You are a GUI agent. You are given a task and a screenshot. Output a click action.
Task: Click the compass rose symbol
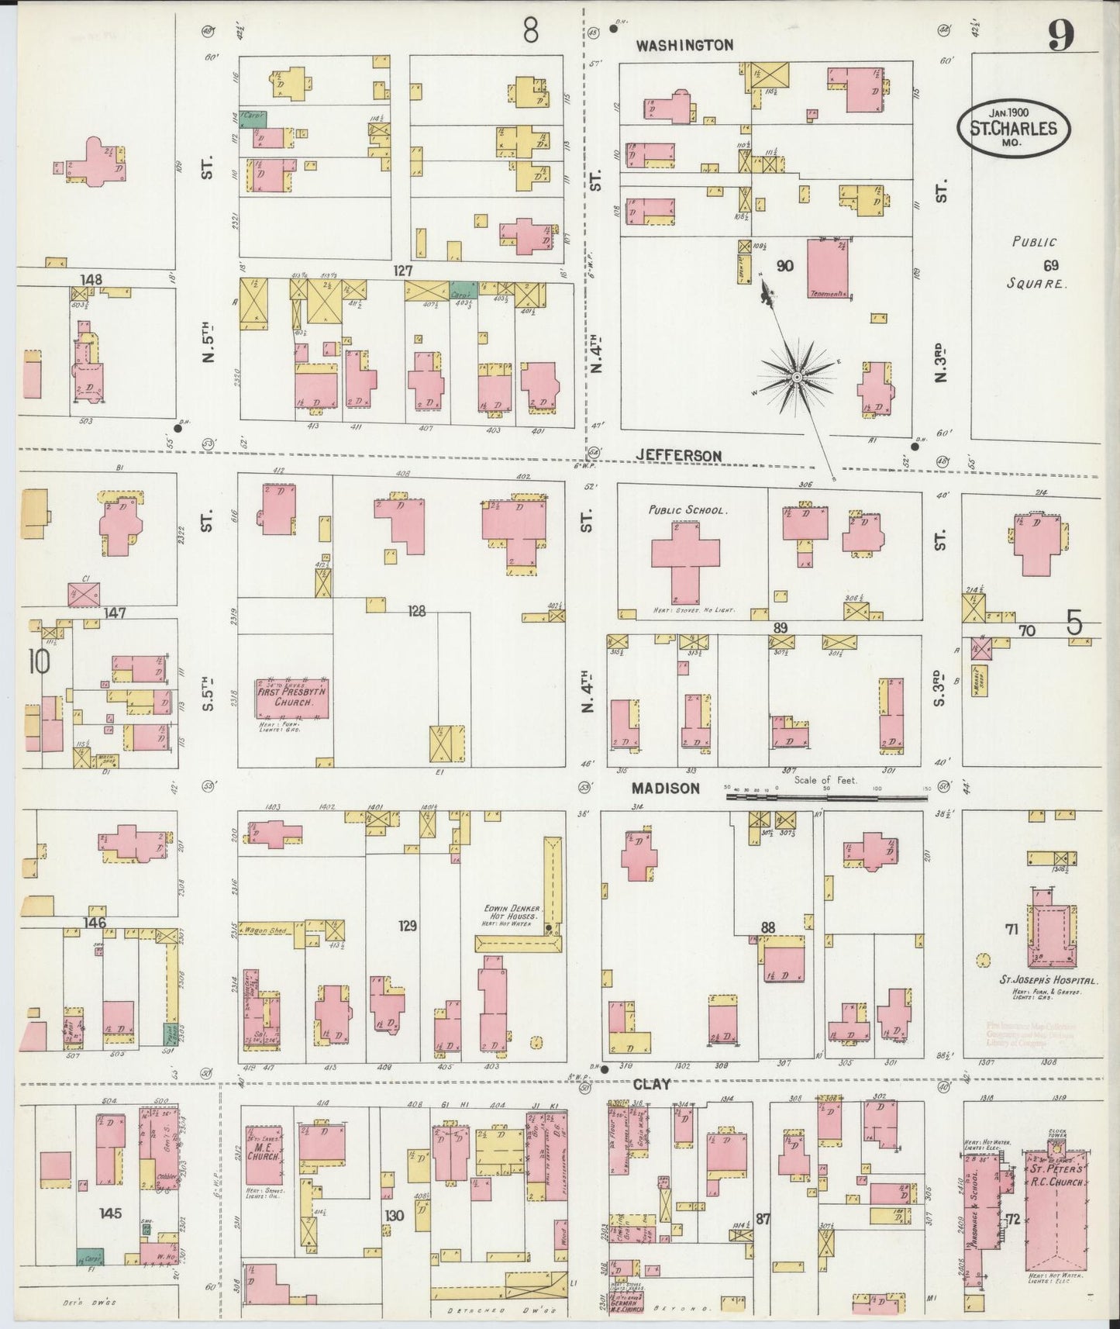click(x=796, y=378)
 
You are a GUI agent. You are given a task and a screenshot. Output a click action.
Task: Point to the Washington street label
click(x=684, y=45)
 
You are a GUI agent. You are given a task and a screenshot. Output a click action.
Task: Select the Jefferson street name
click(x=680, y=455)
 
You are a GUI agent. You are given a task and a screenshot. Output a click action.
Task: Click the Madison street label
click(x=665, y=788)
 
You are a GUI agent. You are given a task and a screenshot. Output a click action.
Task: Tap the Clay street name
click(x=651, y=1084)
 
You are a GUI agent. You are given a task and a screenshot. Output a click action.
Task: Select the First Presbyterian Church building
click(x=292, y=698)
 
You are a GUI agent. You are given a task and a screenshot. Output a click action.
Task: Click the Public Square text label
click(x=1037, y=264)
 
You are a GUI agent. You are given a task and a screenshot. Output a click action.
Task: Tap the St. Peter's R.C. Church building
click(x=1060, y=1210)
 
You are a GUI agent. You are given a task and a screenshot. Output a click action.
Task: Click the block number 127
click(x=402, y=271)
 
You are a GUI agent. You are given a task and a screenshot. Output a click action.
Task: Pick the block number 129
click(x=408, y=925)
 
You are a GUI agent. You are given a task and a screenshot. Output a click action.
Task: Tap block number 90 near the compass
click(x=784, y=266)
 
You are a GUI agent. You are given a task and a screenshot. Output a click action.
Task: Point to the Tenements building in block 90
click(x=828, y=269)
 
